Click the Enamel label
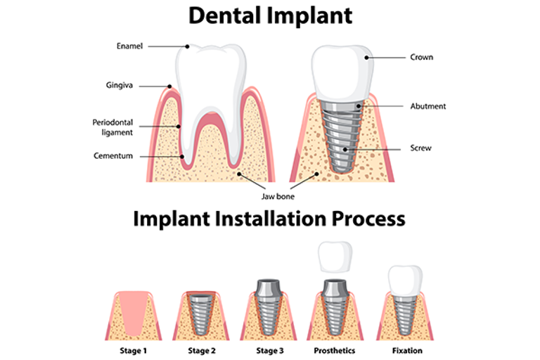129,46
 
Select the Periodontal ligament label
112,127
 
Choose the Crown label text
421,57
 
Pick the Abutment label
427,106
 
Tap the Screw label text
420,148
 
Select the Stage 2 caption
202,349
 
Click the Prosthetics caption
335,349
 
